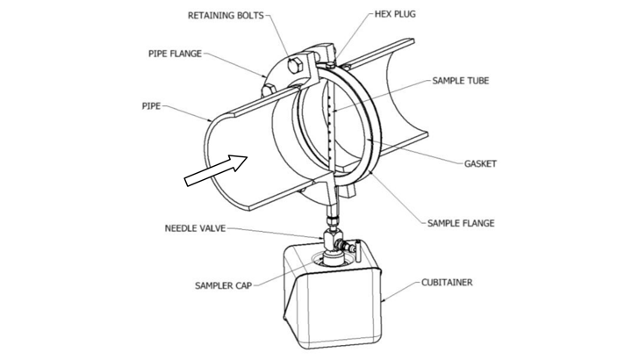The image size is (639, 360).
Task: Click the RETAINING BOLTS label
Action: click(x=226, y=16)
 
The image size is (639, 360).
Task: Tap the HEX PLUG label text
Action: click(x=395, y=14)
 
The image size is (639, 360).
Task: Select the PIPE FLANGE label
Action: click(x=175, y=54)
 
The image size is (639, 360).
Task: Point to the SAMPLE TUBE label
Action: click(x=461, y=81)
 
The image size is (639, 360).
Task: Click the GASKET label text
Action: click(x=480, y=164)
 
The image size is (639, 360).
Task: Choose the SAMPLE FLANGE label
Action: click(x=461, y=223)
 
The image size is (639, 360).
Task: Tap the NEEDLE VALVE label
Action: click(x=195, y=228)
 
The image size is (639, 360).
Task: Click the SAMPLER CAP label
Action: click(x=223, y=285)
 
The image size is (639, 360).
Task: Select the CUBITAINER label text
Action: click(x=447, y=283)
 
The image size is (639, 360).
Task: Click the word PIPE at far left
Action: click(x=151, y=106)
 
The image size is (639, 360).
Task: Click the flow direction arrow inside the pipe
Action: click(x=216, y=170)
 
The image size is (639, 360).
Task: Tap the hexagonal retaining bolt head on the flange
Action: click(x=294, y=65)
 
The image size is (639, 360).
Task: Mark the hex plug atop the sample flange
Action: click(x=331, y=64)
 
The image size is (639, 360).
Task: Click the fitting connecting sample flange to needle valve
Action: click(x=331, y=215)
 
